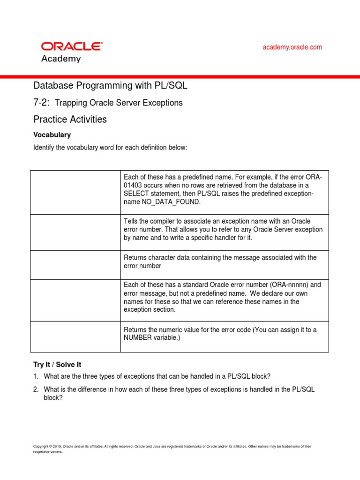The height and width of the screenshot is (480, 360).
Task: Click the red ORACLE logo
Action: [x=72, y=46]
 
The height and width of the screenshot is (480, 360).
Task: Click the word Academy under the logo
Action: [x=61, y=59]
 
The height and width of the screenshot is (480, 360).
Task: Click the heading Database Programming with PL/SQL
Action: [x=110, y=85]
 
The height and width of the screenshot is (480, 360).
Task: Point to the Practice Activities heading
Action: [x=70, y=119]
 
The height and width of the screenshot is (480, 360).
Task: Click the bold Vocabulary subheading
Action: [x=52, y=135]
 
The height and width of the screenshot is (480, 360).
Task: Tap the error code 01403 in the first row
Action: [x=134, y=186]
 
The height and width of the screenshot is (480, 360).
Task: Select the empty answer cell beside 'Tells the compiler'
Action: [x=75, y=232]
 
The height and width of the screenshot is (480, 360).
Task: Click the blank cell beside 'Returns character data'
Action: [x=75, y=265]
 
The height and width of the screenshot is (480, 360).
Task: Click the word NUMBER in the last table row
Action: [x=138, y=338]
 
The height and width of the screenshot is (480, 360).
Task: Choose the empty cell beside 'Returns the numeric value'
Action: [x=75, y=336]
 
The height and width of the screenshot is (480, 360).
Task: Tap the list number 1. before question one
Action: [x=36, y=376]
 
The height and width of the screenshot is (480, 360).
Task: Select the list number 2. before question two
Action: [x=36, y=389]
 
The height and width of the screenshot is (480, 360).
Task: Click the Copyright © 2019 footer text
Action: [x=47, y=446]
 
